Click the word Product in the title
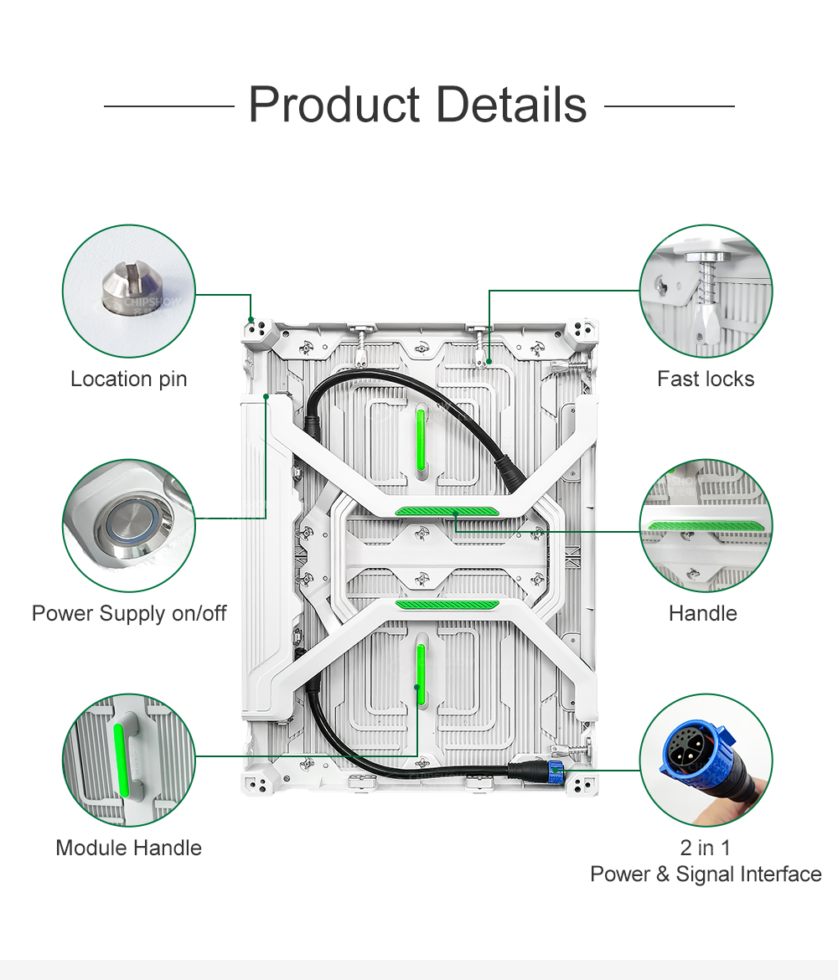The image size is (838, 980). pos(334,106)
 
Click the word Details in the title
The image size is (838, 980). pos(511,106)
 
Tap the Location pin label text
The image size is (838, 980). pos(128,379)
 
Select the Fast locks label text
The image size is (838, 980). pos(706,379)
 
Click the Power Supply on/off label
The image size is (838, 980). pos(129,614)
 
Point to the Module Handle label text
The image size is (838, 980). pos(128,848)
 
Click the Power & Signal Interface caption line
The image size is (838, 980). pos(706,874)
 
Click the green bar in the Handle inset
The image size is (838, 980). pos(706,524)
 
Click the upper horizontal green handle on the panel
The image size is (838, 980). pos(447,511)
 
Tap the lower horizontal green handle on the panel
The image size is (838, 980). pos(447,604)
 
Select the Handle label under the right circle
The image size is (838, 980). pos(702,614)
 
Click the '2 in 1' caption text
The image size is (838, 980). pos(706,848)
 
